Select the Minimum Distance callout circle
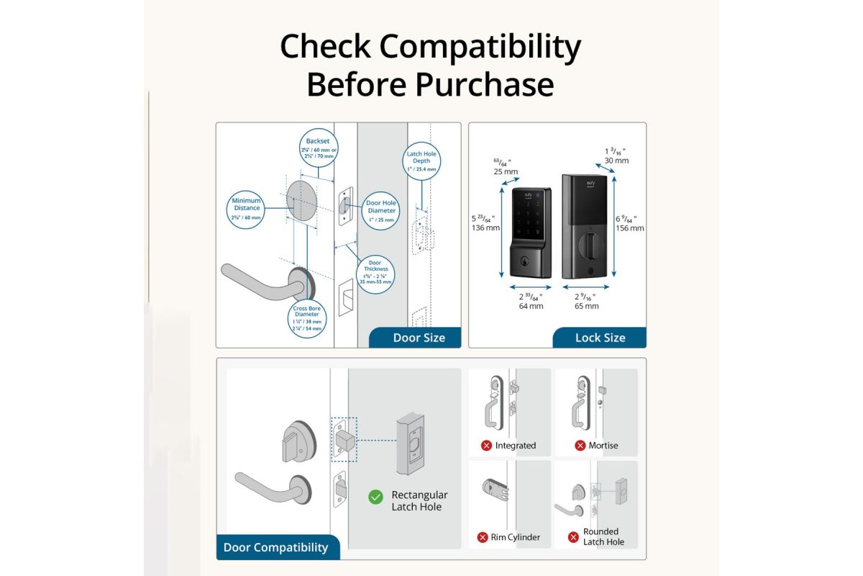[x=247, y=208]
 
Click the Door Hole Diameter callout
[x=381, y=210]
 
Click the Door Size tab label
[x=419, y=338]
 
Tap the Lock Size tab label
[x=600, y=338]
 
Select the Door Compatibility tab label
[x=275, y=547]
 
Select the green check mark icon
[x=375, y=497]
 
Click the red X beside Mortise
[x=580, y=446]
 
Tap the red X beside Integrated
[x=486, y=446]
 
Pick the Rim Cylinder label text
[x=515, y=537]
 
